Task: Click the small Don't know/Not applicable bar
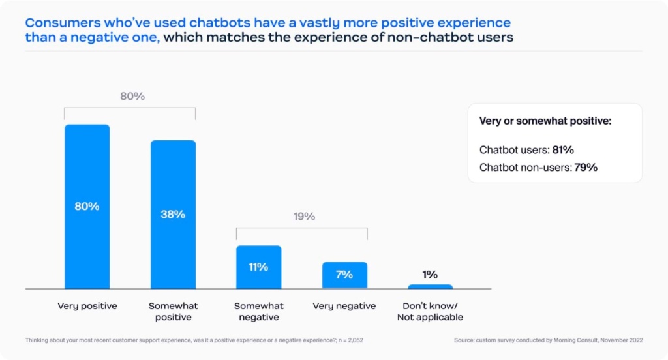coord(430,286)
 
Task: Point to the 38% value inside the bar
coord(173,214)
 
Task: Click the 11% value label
coord(259,267)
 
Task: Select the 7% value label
coord(344,275)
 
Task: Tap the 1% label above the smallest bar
coord(430,275)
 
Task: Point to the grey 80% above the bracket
coord(132,97)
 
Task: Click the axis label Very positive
coord(87,306)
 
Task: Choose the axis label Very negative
coord(344,306)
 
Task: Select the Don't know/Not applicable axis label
coord(430,312)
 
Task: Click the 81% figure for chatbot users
coord(563,150)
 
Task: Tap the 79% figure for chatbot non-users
coord(586,168)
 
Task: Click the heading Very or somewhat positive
coord(545,121)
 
